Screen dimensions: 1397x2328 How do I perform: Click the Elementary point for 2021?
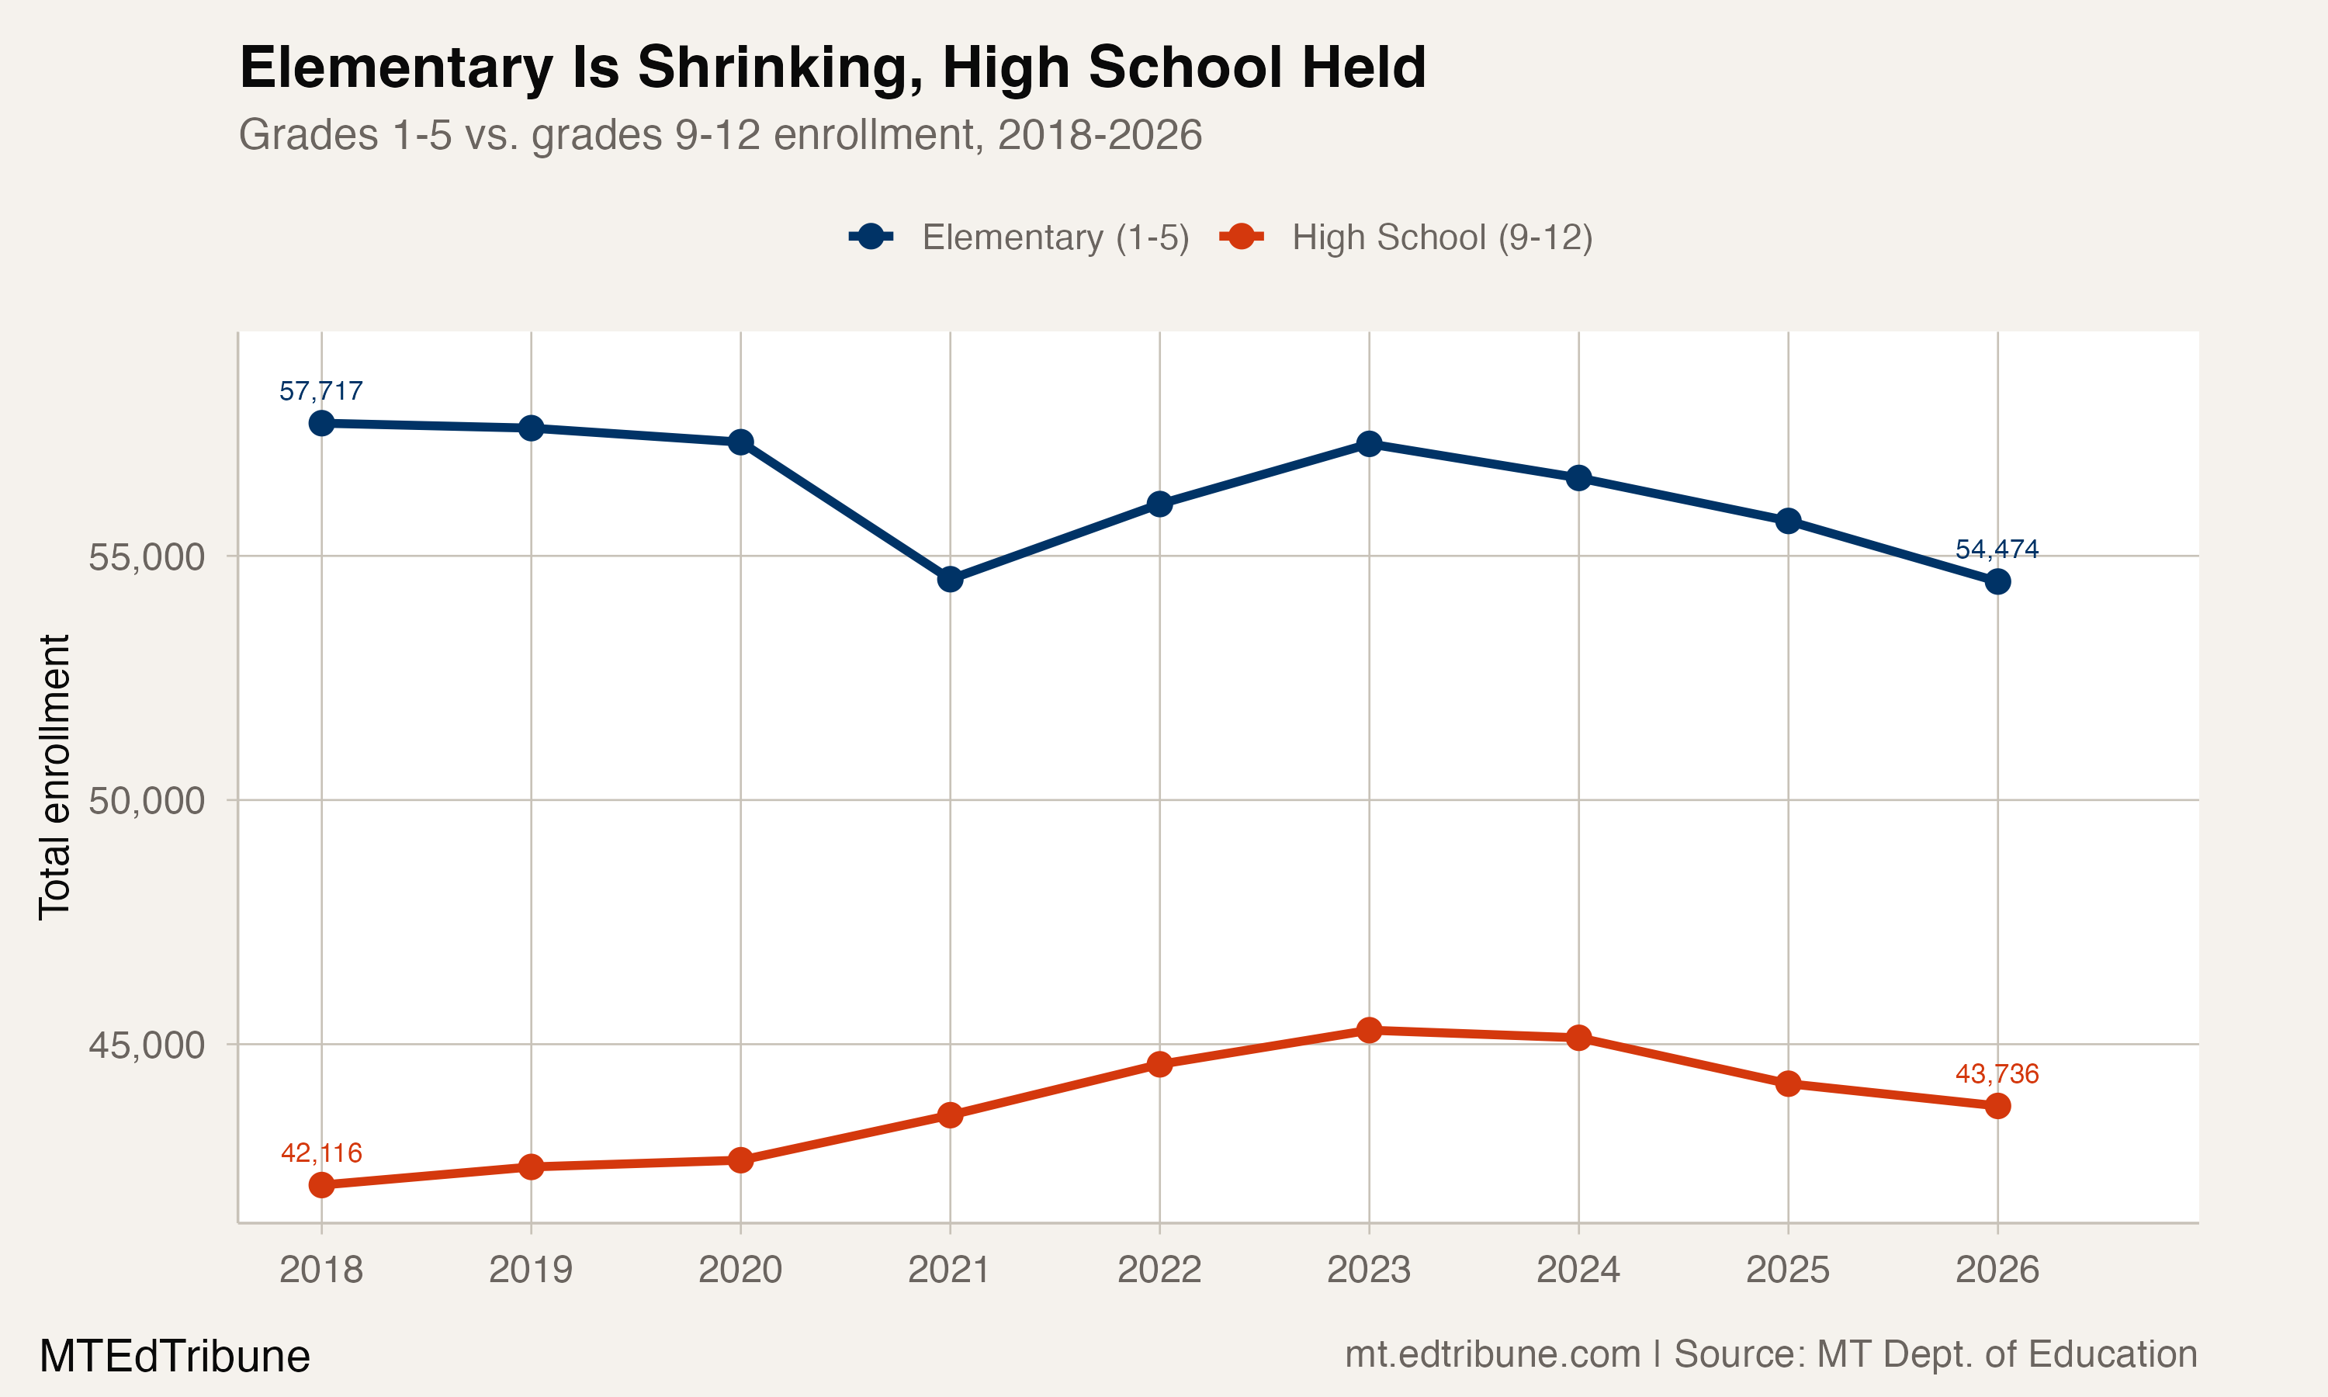coord(950,579)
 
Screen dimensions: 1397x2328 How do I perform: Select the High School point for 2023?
coord(1369,1030)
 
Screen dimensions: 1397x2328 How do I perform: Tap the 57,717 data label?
coord(321,390)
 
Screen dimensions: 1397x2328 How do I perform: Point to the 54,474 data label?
coord(1997,549)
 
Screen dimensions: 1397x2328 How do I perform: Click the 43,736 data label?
coord(1997,1073)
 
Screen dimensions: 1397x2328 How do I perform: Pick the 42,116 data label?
coord(321,1153)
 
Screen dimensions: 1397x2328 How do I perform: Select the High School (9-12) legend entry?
coord(1407,237)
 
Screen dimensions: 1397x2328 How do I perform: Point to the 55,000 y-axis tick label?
coord(146,556)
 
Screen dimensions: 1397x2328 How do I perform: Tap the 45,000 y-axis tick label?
coord(146,1044)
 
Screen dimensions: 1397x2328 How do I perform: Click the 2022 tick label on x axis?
coord(1159,1270)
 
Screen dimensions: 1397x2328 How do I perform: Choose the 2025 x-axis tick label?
coord(1788,1270)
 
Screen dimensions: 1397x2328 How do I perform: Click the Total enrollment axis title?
coord(54,777)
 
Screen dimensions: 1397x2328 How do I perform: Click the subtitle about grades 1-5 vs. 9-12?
coord(720,134)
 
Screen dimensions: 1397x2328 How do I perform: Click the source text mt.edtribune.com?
coord(1492,1354)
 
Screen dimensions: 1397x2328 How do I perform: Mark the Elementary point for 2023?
coord(1369,443)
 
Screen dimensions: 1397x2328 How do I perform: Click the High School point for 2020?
coord(740,1160)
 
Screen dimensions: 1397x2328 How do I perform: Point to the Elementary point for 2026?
coord(1997,582)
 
